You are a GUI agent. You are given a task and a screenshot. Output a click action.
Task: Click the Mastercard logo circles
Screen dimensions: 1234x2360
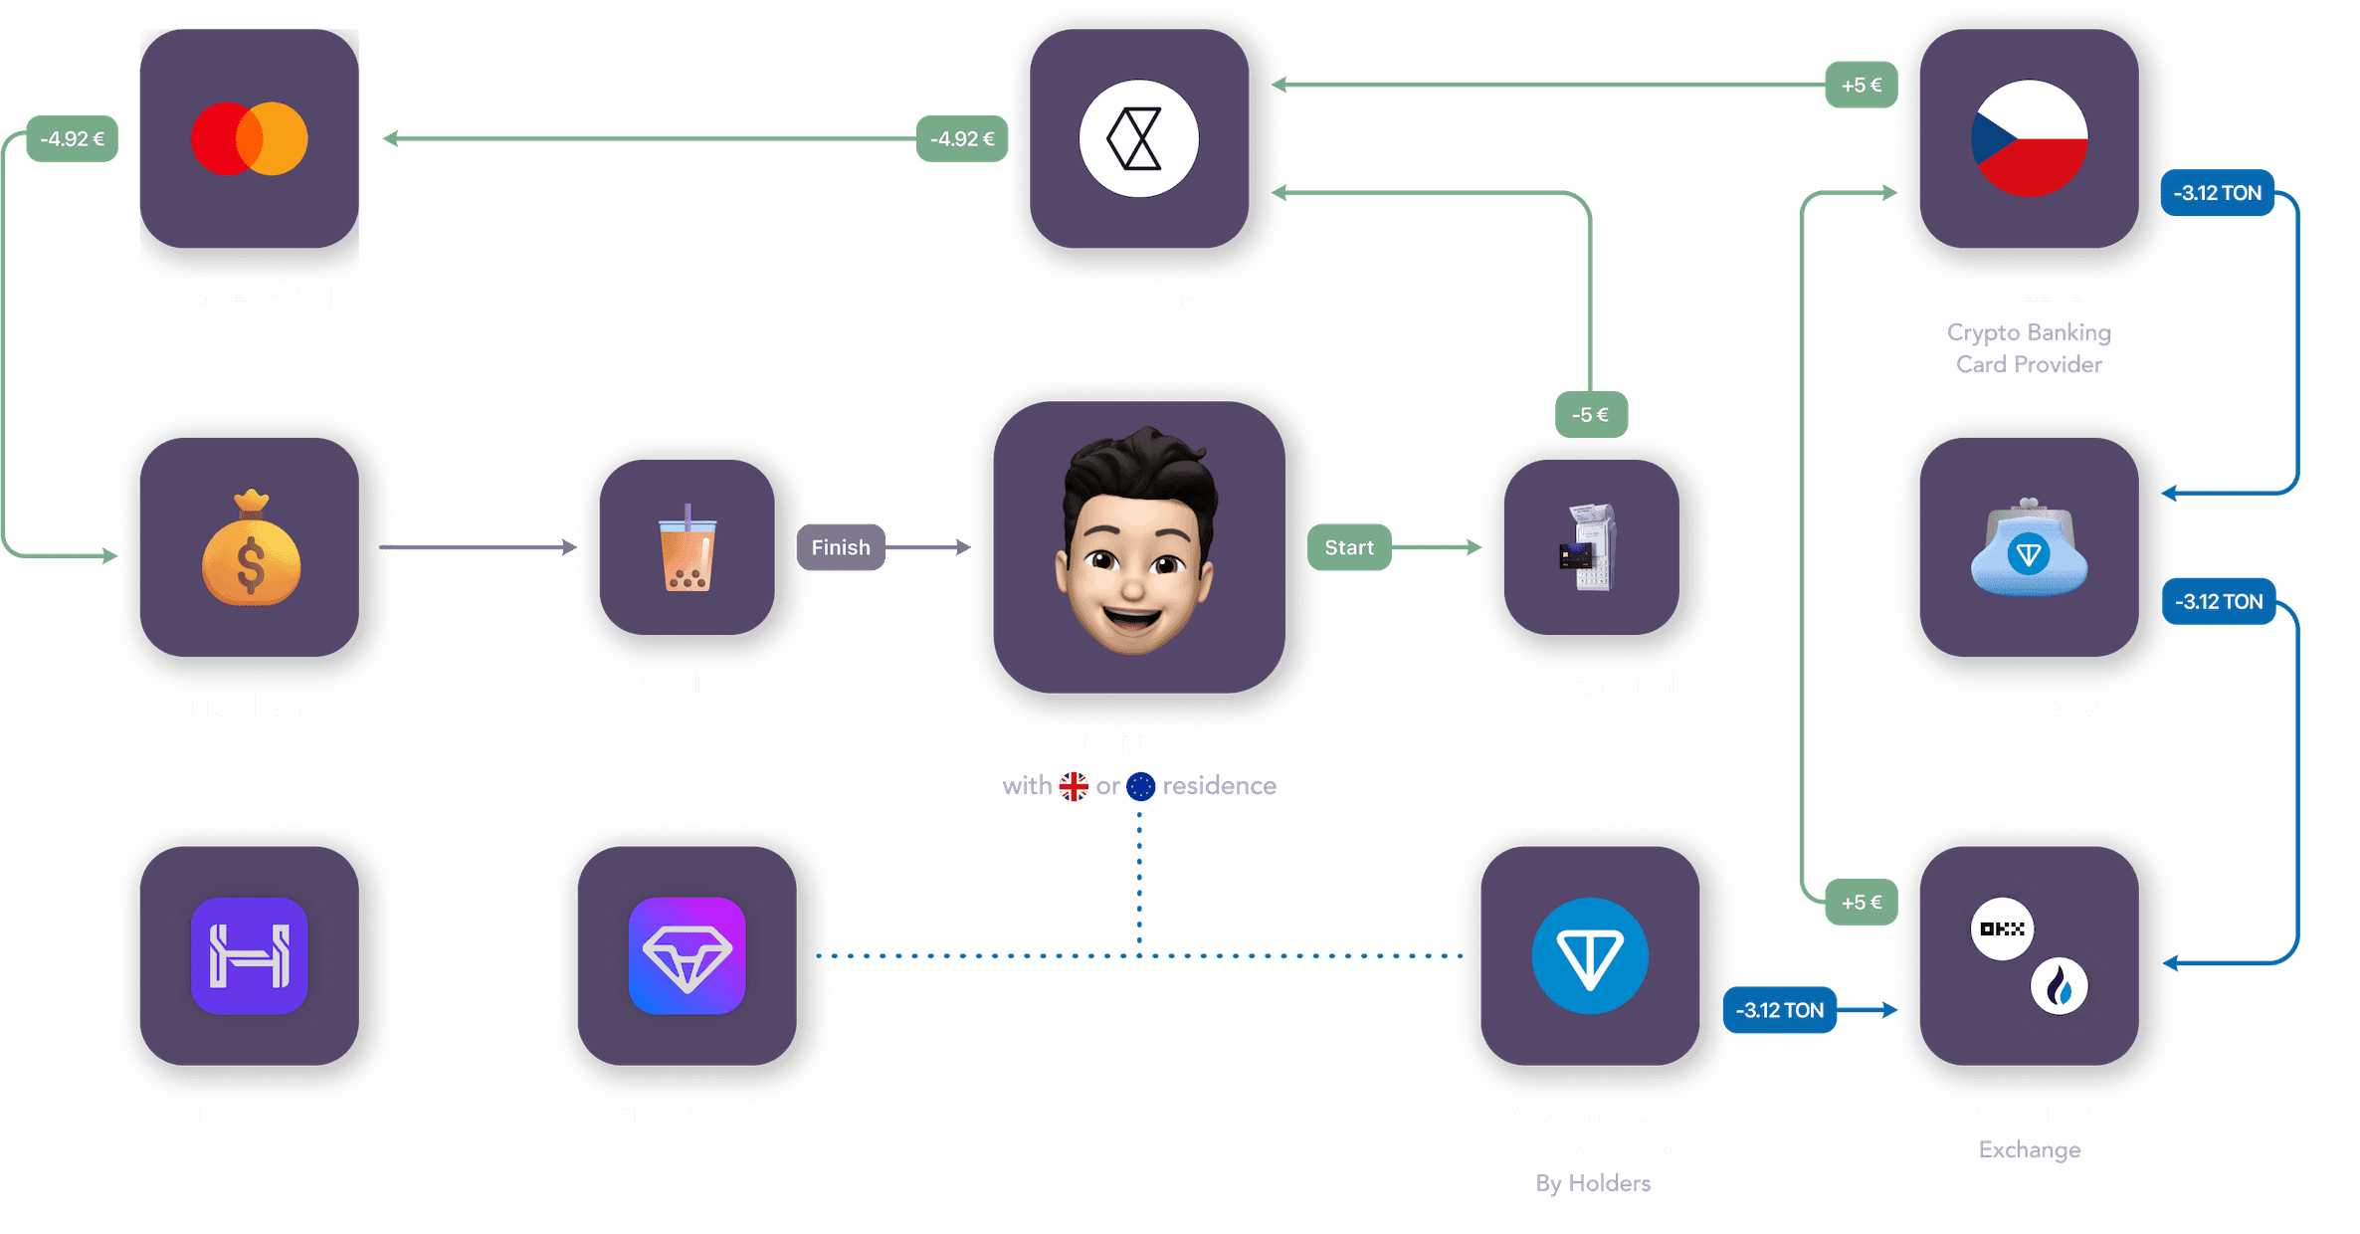coord(249,138)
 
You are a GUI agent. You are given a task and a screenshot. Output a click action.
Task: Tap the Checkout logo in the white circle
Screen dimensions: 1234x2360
coord(1138,138)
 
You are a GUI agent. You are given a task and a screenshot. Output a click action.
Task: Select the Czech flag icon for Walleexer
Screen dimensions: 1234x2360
coord(2029,138)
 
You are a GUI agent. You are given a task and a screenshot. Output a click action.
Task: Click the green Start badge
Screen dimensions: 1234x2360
coord(1348,547)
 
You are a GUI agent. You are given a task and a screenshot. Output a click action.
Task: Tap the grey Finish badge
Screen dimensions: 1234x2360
coord(841,547)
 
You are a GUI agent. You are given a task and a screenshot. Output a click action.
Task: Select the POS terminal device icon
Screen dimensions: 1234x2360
coord(1589,548)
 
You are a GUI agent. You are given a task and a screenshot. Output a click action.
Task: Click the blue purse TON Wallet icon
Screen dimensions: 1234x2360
coord(2029,548)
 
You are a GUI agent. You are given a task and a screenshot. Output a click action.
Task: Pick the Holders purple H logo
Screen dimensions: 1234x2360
coord(250,955)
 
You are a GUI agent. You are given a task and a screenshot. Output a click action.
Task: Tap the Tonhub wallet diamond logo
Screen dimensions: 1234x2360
coord(688,955)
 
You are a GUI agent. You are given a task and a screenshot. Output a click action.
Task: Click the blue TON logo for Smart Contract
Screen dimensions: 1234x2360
coord(1590,955)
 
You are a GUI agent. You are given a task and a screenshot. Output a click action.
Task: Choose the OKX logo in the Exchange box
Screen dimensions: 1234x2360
coord(2002,928)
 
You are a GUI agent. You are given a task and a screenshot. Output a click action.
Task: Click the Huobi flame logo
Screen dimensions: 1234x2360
coord(2059,986)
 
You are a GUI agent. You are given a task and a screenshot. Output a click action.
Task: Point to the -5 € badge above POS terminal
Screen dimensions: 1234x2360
coord(1590,415)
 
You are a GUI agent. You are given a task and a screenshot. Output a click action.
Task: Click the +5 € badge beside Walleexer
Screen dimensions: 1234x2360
coord(1862,86)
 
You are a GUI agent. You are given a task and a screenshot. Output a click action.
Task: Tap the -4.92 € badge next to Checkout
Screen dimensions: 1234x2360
coord(962,139)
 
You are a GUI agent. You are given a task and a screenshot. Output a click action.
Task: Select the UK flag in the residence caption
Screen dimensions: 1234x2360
coord(1074,786)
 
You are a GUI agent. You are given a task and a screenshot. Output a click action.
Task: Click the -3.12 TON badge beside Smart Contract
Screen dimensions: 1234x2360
coord(1780,1010)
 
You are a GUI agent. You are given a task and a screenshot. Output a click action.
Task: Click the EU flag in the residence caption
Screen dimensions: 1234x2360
coord(1141,786)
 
